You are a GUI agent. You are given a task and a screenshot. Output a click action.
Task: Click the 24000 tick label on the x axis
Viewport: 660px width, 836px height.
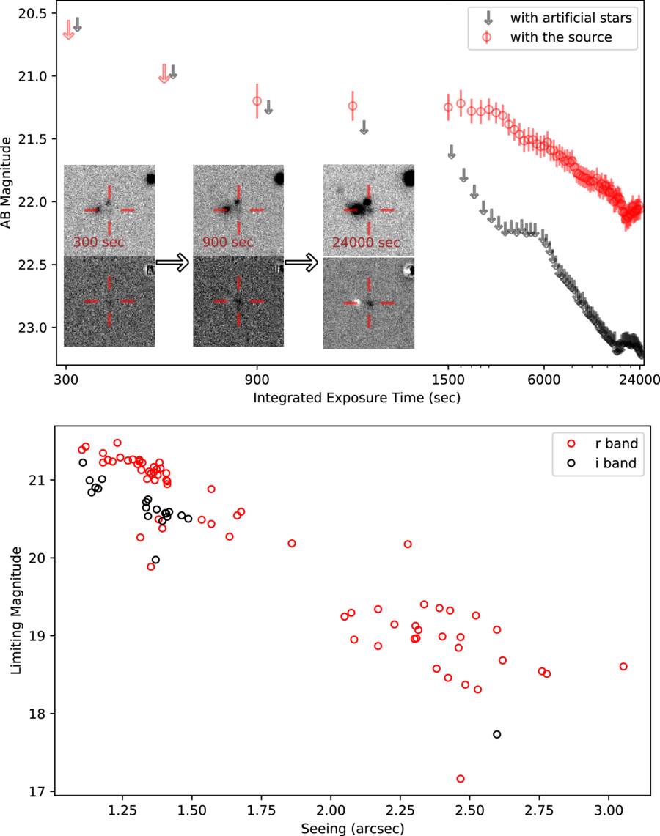click(640, 380)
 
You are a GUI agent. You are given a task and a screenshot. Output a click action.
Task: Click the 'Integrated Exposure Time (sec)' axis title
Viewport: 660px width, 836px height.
click(356, 398)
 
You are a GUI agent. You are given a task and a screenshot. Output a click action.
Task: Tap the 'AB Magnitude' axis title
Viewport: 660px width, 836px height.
click(7, 183)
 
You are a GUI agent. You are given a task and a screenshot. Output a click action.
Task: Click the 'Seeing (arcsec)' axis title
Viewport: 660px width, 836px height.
click(352, 829)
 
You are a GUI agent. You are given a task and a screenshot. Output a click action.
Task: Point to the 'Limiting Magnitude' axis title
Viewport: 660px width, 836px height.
click(16, 610)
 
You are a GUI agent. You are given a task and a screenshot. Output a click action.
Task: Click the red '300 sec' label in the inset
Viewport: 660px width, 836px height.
click(99, 242)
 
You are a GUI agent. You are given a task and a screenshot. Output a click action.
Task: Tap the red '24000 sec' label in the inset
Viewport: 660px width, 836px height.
click(366, 243)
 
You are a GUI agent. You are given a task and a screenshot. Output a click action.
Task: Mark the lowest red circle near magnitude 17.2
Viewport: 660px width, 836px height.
click(461, 779)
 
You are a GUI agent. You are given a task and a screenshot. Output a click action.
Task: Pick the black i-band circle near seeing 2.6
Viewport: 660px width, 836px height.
click(496, 735)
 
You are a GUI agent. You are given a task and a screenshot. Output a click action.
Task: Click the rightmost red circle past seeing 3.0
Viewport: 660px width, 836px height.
click(623, 667)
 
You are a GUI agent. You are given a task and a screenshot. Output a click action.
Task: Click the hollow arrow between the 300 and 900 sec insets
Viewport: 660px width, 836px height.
click(172, 262)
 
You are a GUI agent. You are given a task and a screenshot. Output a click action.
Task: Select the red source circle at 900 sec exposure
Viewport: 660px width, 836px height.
click(257, 101)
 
